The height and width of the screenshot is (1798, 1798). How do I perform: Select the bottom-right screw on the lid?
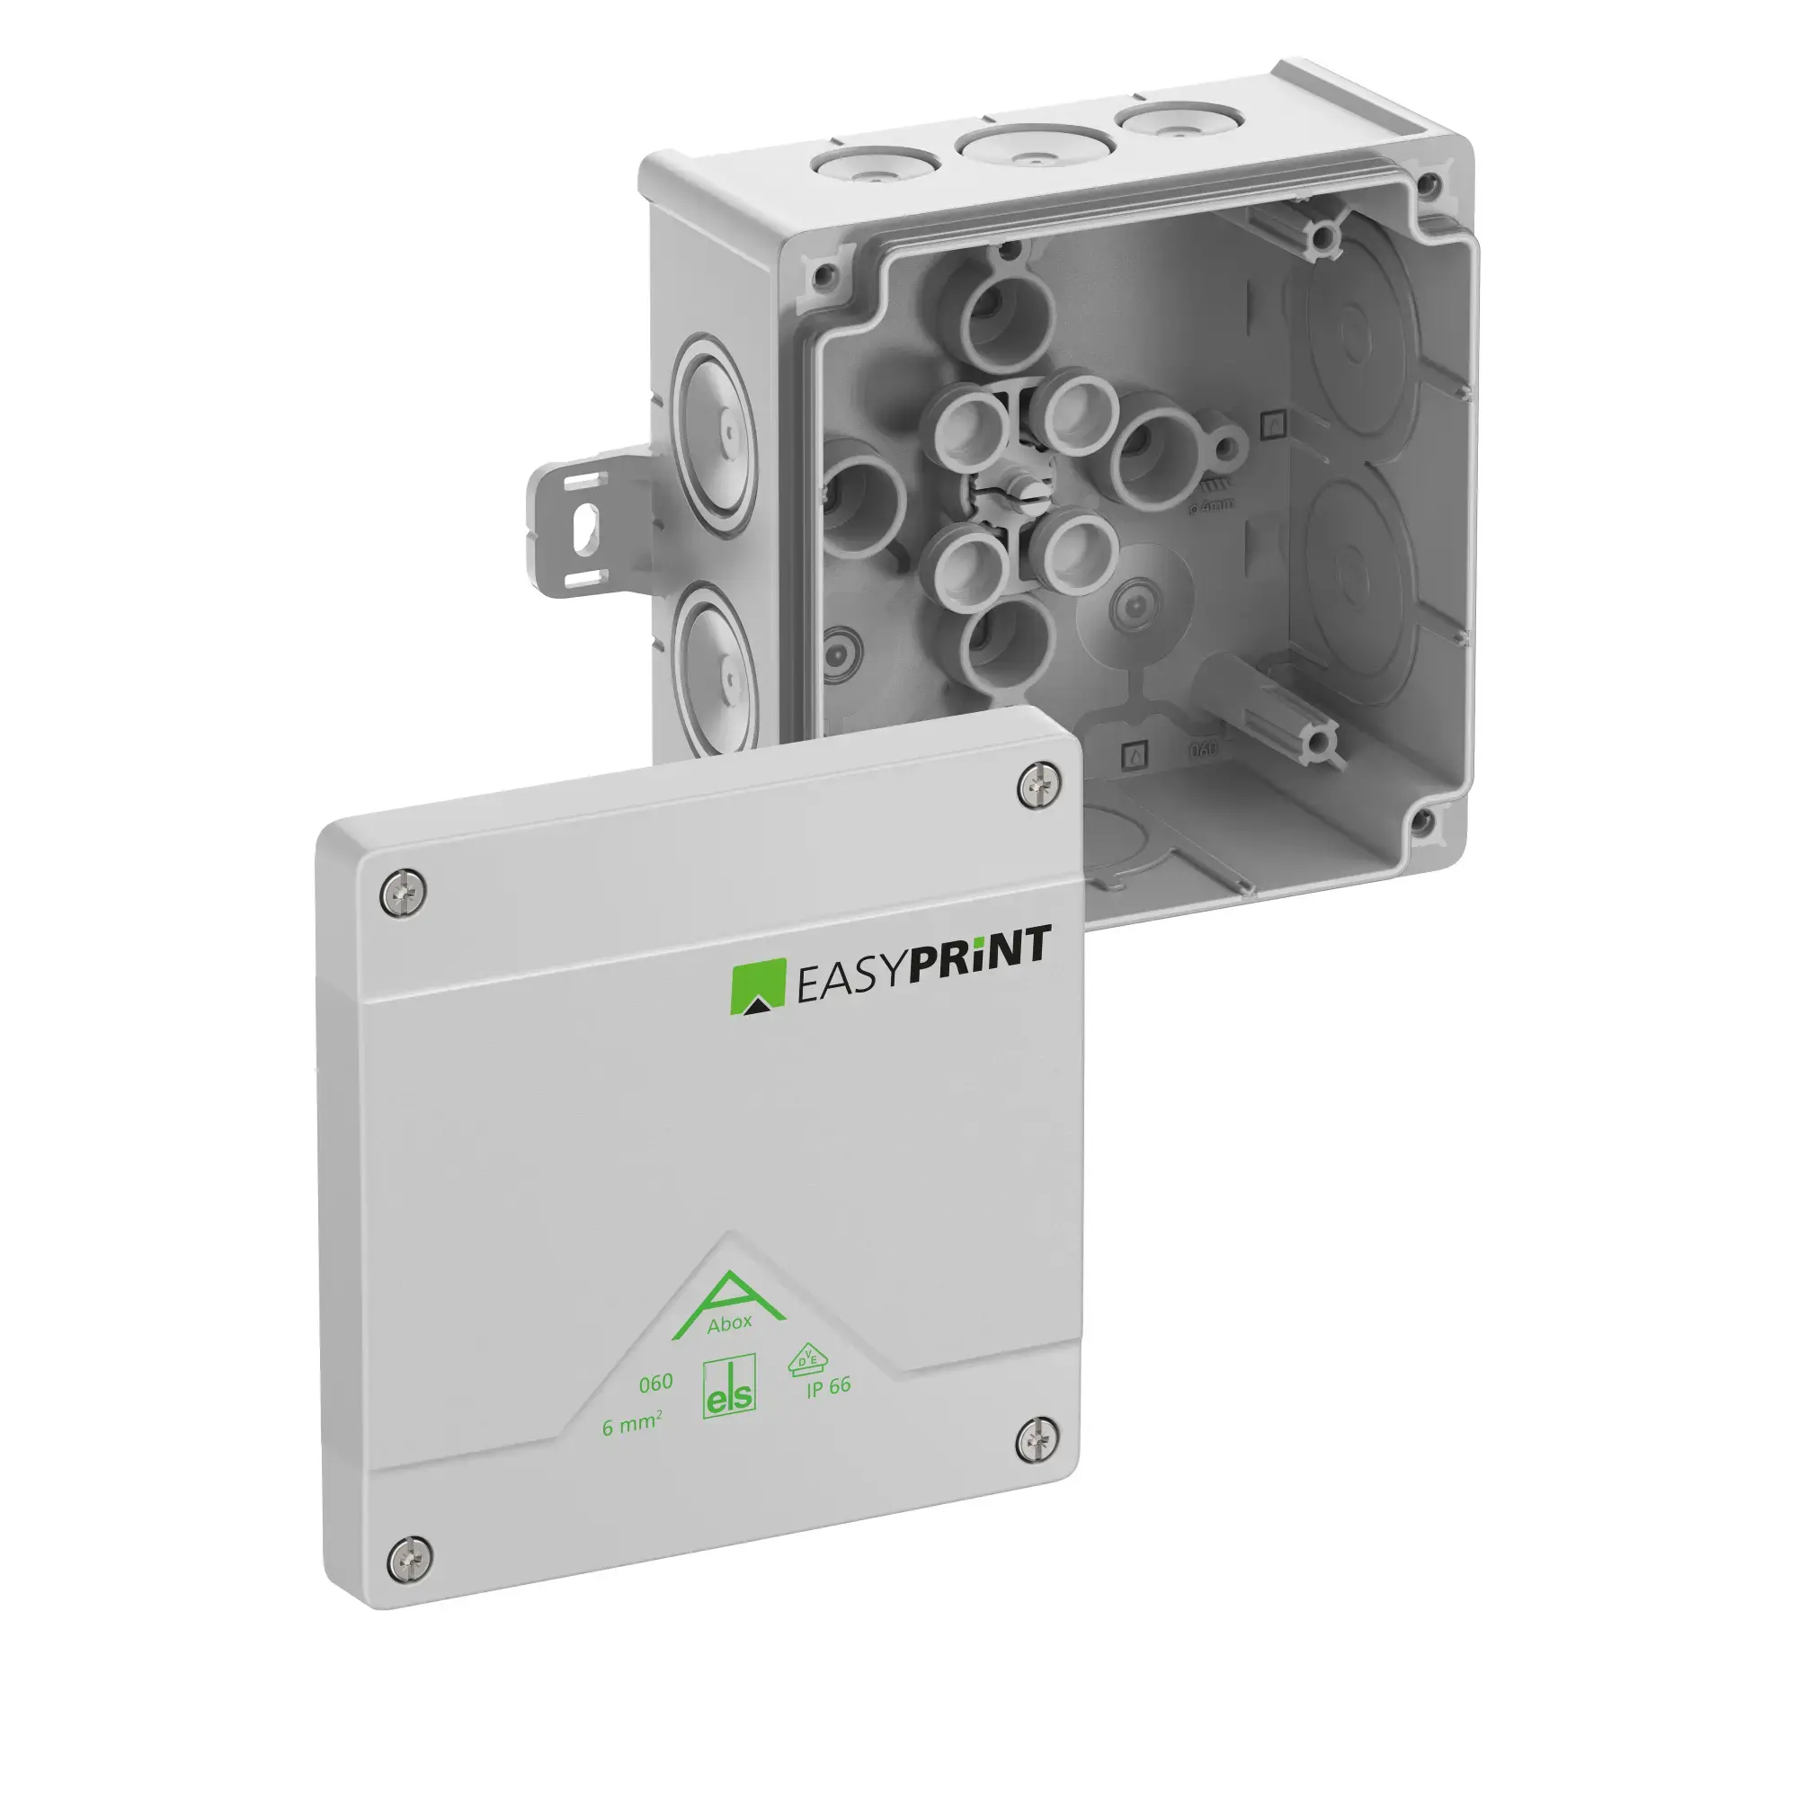coord(1037,1442)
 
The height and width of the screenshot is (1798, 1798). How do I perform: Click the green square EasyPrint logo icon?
coord(758,988)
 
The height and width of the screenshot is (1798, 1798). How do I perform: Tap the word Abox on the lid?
coord(729,1323)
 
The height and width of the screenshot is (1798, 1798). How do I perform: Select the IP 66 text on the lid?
coord(827,1387)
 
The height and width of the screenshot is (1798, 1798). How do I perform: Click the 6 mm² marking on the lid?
coord(632,1426)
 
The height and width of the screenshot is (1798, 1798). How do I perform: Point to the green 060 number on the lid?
coord(655,1383)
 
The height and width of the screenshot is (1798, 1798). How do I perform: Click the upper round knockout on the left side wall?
coord(715,433)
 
